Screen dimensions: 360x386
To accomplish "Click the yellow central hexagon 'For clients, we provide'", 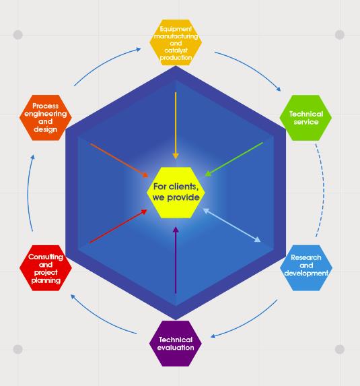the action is (x=176, y=193).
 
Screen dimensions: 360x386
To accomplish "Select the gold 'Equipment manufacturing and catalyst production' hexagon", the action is (x=176, y=42).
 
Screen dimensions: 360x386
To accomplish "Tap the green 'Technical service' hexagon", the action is (x=305, y=118).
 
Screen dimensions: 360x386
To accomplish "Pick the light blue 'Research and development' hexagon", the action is (x=306, y=268).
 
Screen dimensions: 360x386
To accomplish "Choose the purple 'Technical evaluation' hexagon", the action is (x=176, y=344).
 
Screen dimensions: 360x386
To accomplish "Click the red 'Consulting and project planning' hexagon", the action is (x=46, y=268).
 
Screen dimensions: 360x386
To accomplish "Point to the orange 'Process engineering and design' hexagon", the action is (x=46, y=118).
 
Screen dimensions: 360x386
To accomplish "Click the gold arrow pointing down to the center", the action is (x=176, y=125).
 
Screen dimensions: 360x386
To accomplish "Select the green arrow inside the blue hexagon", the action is (x=234, y=159).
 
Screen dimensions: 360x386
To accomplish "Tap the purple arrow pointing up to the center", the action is (x=176, y=260).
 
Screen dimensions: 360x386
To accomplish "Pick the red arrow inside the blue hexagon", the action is (x=118, y=226).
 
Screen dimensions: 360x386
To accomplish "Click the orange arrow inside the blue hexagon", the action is (x=119, y=160).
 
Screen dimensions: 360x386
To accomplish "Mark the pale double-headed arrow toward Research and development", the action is (x=232, y=225).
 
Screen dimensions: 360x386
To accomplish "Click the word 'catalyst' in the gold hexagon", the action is (x=176, y=51).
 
